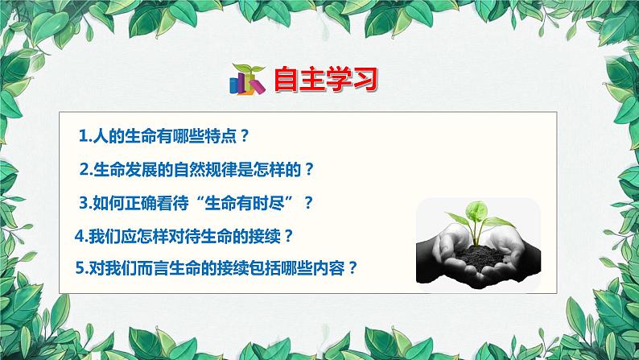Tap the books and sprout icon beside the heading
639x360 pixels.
[247, 78]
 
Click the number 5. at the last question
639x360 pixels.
[80, 269]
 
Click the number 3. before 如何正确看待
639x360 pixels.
[88, 203]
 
